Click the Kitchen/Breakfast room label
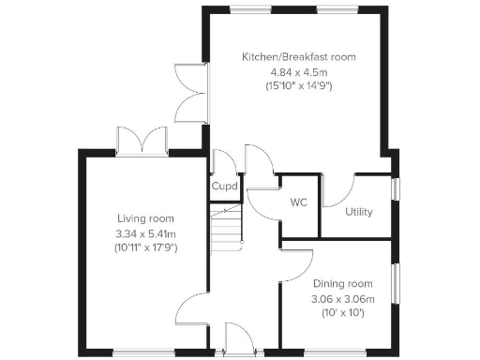point(298,57)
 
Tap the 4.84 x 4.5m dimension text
point(298,71)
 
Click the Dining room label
point(342,284)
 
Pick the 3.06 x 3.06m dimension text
point(342,299)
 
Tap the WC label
point(299,202)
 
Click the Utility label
point(358,212)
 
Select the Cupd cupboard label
point(224,187)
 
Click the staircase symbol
point(225,229)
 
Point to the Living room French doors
point(140,141)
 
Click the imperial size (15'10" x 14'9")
point(298,86)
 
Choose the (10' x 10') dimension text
point(342,312)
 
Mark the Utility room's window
point(395,187)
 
